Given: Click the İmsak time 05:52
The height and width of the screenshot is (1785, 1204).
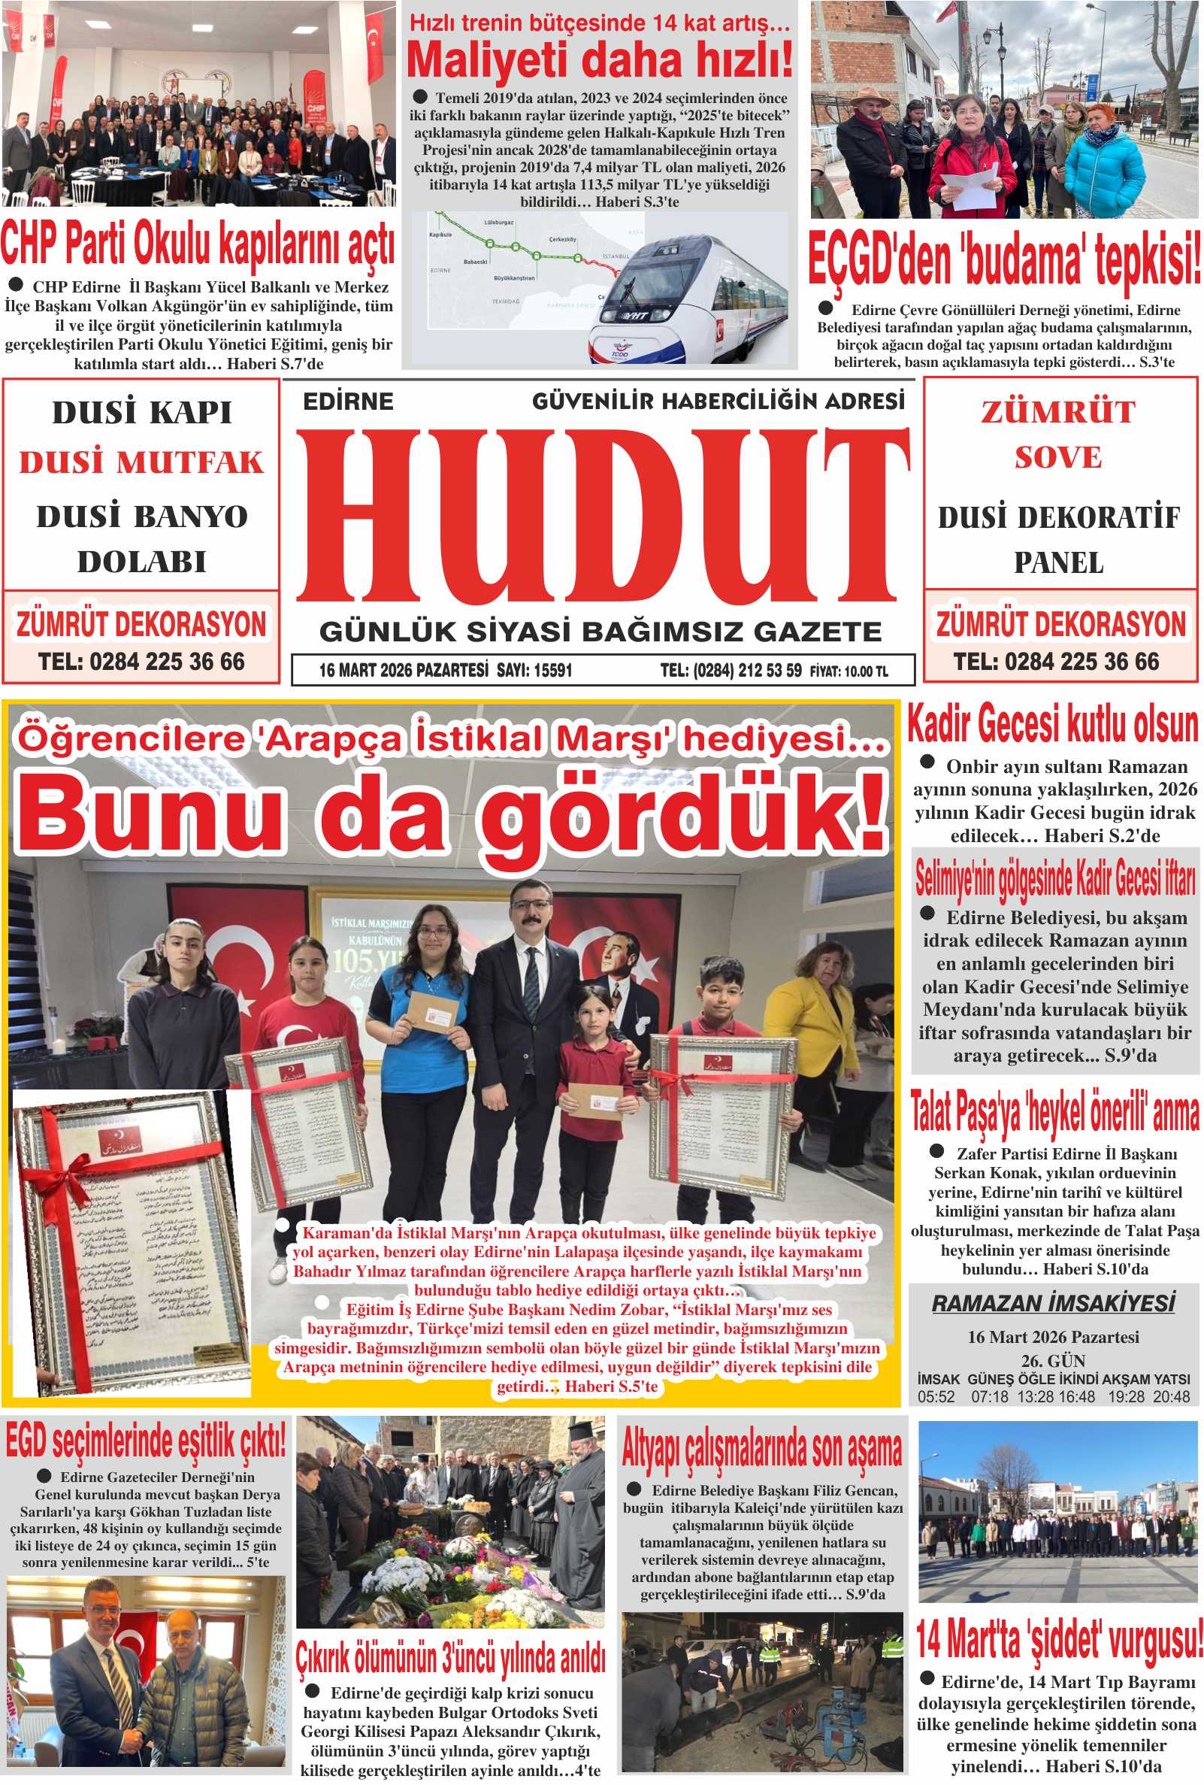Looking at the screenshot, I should tap(935, 1396).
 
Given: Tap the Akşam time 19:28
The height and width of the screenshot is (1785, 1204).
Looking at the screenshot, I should tap(1126, 1396).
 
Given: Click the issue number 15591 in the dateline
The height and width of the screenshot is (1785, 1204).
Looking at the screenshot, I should tap(553, 670).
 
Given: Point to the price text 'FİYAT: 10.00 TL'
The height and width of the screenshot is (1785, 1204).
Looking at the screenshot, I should tap(849, 671).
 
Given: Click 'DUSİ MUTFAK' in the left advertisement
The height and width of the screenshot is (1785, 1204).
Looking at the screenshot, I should tap(141, 462).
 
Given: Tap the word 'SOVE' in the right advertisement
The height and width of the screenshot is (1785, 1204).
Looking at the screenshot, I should tap(1058, 458).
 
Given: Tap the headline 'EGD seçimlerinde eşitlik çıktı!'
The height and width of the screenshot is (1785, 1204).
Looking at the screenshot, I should tap(146, 1441).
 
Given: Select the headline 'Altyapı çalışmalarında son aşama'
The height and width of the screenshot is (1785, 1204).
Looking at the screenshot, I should tap(762, 1450).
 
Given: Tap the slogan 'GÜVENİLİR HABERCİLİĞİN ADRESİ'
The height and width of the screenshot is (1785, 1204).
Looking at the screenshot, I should tap(718, 401).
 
